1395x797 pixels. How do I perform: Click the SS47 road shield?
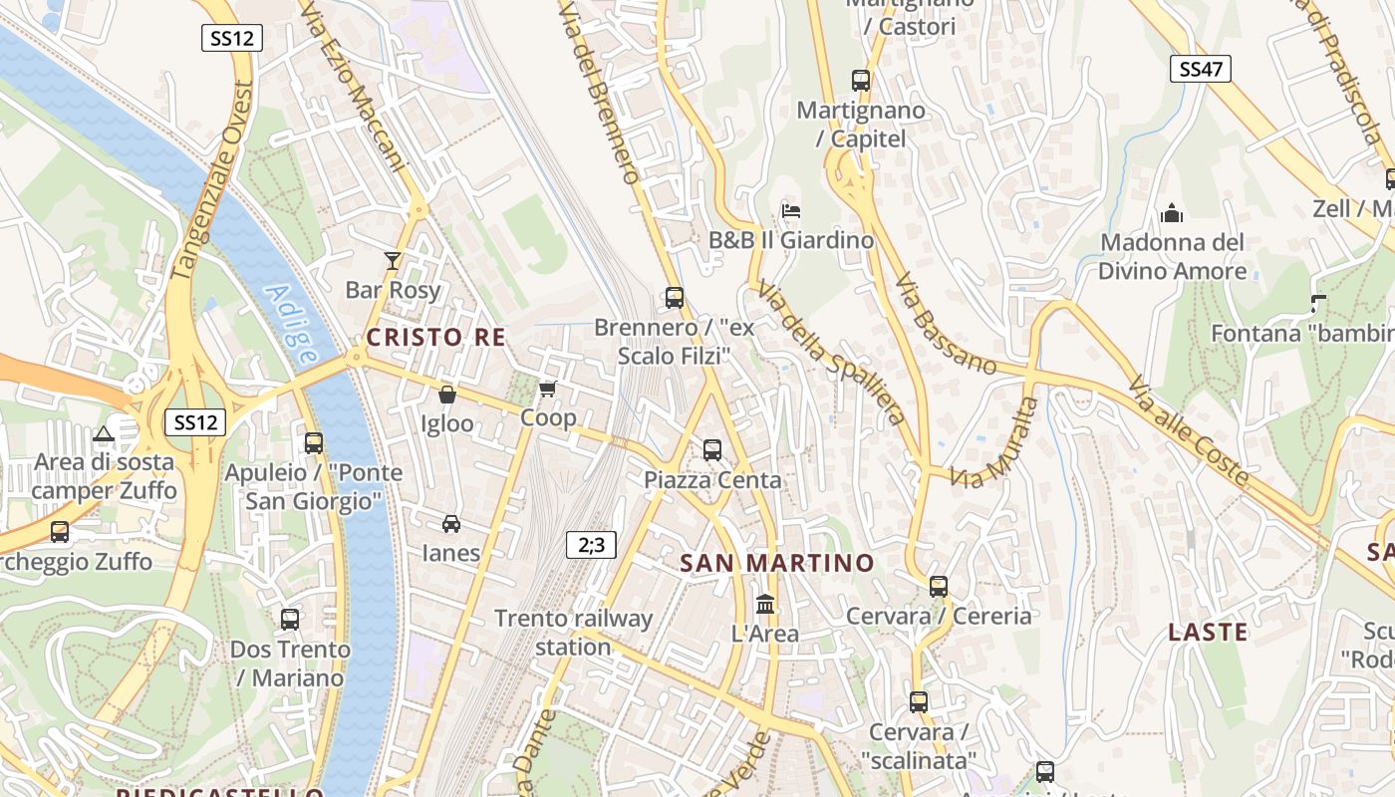pos(1200,69)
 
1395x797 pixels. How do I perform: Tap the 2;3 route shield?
pos(591,544)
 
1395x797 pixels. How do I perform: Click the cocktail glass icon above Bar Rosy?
pos(393,261)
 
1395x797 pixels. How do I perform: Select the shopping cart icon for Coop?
pos(547,389)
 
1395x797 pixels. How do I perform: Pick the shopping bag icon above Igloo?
pos(447,395)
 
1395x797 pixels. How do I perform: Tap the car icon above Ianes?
pos(451,524)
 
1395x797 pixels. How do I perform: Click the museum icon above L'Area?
pos(765,604)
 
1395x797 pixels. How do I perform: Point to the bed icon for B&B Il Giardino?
pos(791,211)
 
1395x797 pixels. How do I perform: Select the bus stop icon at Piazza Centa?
pos(712,450)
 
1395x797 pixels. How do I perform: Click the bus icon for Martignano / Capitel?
pos(861,81)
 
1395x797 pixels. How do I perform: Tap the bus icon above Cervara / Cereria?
pos(939,587)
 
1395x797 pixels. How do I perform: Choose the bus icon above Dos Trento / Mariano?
pos(290,620)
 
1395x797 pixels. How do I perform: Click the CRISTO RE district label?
pos(436,338)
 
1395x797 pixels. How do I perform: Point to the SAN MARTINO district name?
pos(776,563)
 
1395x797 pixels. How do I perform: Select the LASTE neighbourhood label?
pos(1208,632)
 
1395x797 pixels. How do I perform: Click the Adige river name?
pos(294,325)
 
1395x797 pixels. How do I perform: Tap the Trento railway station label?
pos(574,633)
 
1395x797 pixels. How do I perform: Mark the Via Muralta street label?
pos(995,442)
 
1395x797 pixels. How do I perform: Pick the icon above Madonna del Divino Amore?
pos(1173,213)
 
